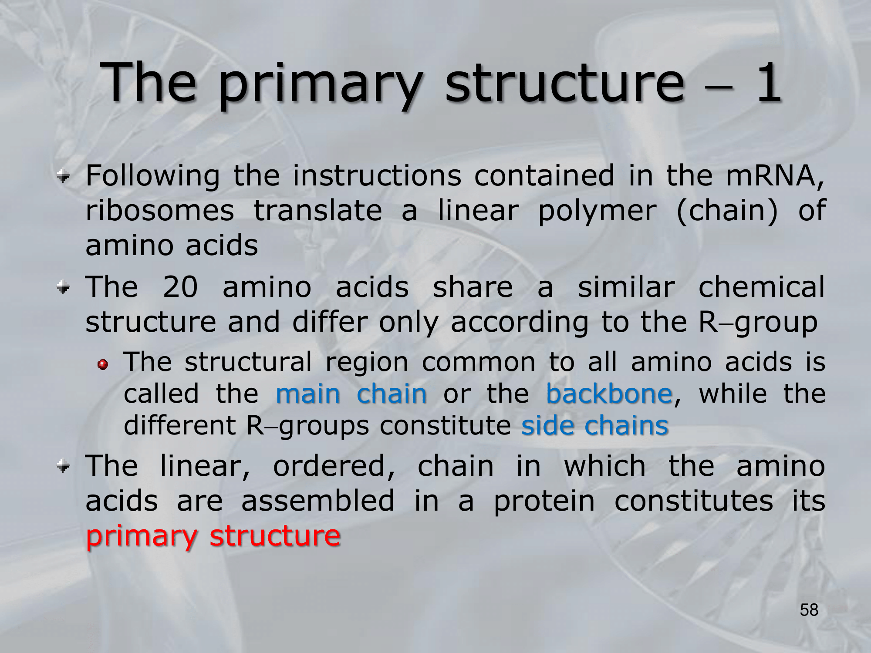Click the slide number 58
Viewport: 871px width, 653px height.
tap(809, 610)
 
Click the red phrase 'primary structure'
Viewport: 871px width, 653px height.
tap(213, 536)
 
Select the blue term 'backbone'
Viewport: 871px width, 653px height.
tap(609, 394)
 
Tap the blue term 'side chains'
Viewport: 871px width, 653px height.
tap(595, 425)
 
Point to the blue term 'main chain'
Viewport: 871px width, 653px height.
tap(351, 394)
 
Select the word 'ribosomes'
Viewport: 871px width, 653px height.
tap(160, 211)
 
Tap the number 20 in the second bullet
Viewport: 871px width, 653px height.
tap(180, 287)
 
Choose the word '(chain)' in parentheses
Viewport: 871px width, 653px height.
tap(727, 212)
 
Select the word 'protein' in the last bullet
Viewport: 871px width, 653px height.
tap(544, 502)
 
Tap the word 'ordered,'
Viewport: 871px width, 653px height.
tap(334, 466)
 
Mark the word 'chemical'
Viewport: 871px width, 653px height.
tap(762, 287)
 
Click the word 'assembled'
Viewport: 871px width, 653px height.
tap(318, 500)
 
